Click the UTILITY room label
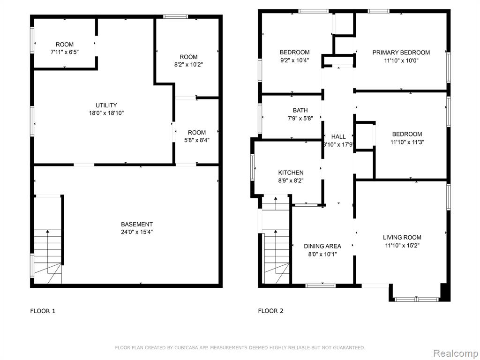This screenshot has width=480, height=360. (x=106, y=105)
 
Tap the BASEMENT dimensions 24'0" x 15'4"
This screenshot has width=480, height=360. (x=137, y=232)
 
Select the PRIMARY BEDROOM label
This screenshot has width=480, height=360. (x=401, y=52)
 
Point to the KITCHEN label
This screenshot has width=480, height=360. (x=291, y=172)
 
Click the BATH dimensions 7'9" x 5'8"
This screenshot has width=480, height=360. (x=300, y=118)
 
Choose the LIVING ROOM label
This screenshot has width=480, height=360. (x=402, y=237)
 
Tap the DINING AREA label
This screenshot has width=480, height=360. (x=322, y=246)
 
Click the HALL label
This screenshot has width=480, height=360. (x=338, y=136)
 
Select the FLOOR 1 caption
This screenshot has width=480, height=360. (x=43, y=311)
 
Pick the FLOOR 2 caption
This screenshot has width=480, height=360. (x=270, y=311)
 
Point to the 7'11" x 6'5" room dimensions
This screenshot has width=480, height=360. (x=65, y=52)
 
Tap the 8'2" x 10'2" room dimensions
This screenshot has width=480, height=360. (x=188, y=65)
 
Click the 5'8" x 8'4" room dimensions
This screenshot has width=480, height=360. (x=197, y=141)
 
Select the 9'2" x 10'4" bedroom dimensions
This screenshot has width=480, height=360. (x=294, y=60)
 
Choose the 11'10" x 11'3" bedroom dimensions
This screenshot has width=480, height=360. (x=407, y=142)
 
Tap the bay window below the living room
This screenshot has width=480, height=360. (x=417, y=299)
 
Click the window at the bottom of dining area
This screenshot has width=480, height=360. (x=321, y=286)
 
